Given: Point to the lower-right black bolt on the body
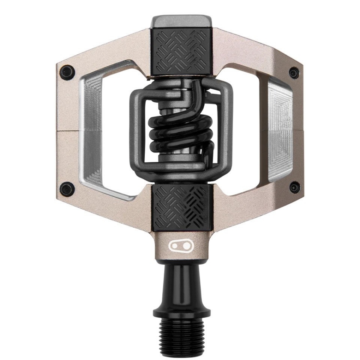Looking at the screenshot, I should (x=294, y=187).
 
